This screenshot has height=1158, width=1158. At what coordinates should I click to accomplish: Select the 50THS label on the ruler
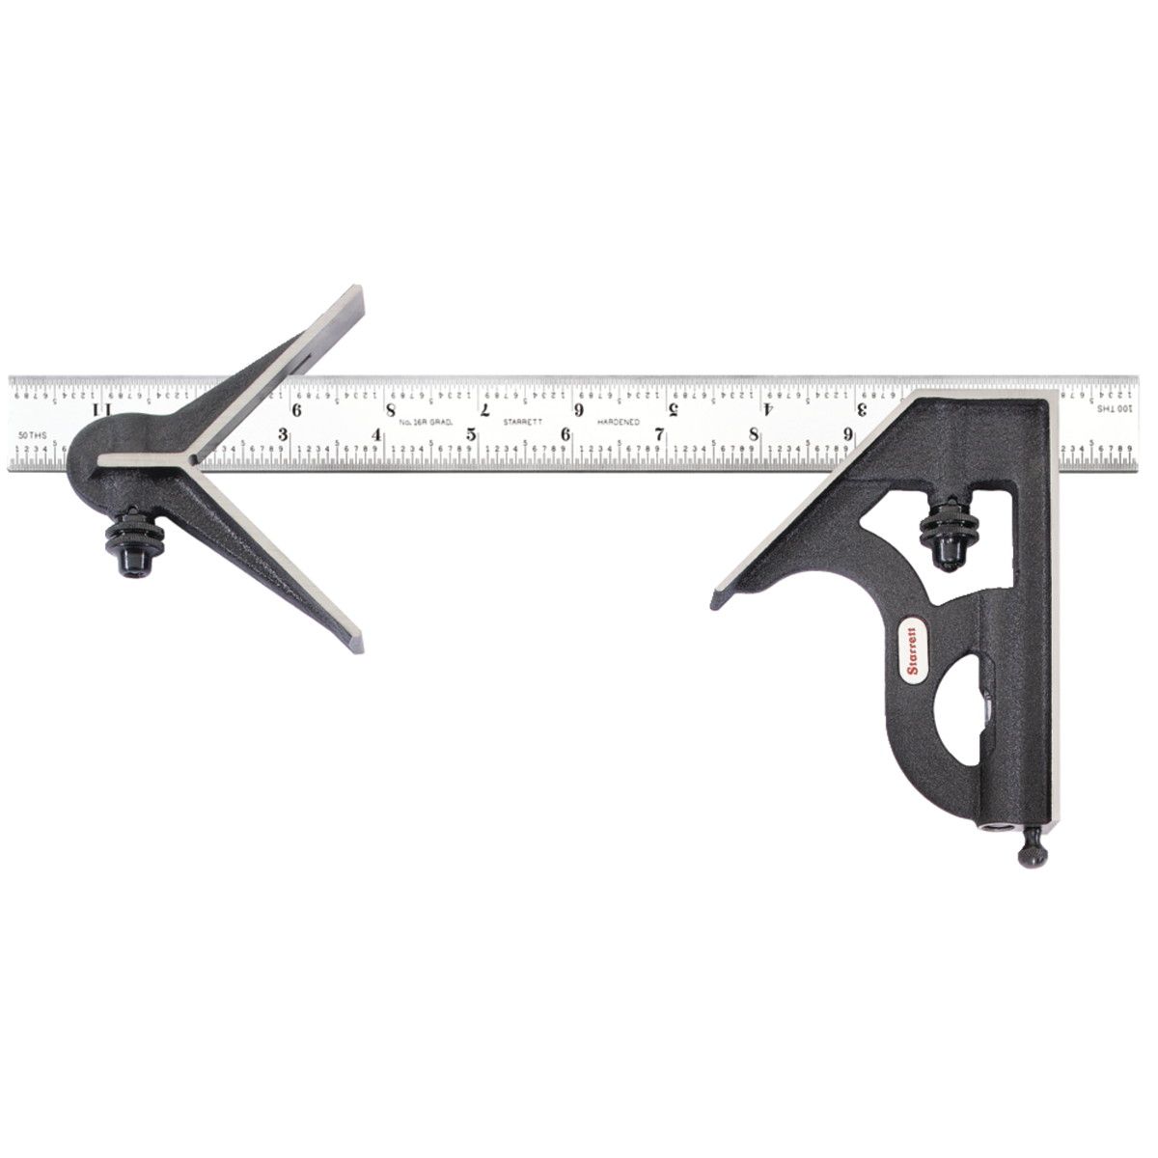point(30,436)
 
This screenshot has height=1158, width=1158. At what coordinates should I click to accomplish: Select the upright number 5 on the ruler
point(471,434)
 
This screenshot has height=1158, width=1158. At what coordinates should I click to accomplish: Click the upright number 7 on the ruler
point(660,434)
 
